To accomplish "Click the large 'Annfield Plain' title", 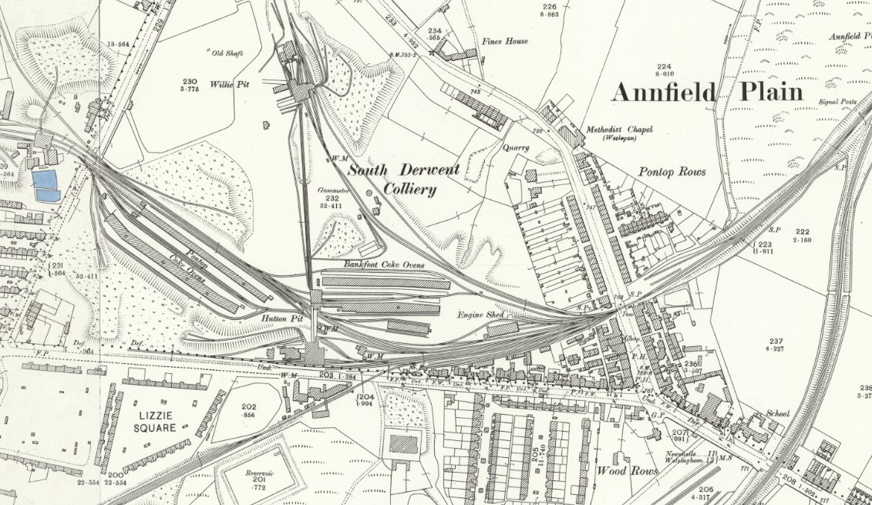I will [707, 93].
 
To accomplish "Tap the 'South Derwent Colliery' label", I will [402, 179].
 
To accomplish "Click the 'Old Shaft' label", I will [227, 52].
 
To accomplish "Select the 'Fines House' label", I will [505, 41].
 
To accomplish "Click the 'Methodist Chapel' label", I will [618, 129].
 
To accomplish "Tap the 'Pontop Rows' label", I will [672, 172].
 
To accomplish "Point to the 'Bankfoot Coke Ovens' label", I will [384, 264].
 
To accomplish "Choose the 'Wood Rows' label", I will [627, 470].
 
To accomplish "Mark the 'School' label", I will [778, 413].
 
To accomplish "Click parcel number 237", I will [776, 341].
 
